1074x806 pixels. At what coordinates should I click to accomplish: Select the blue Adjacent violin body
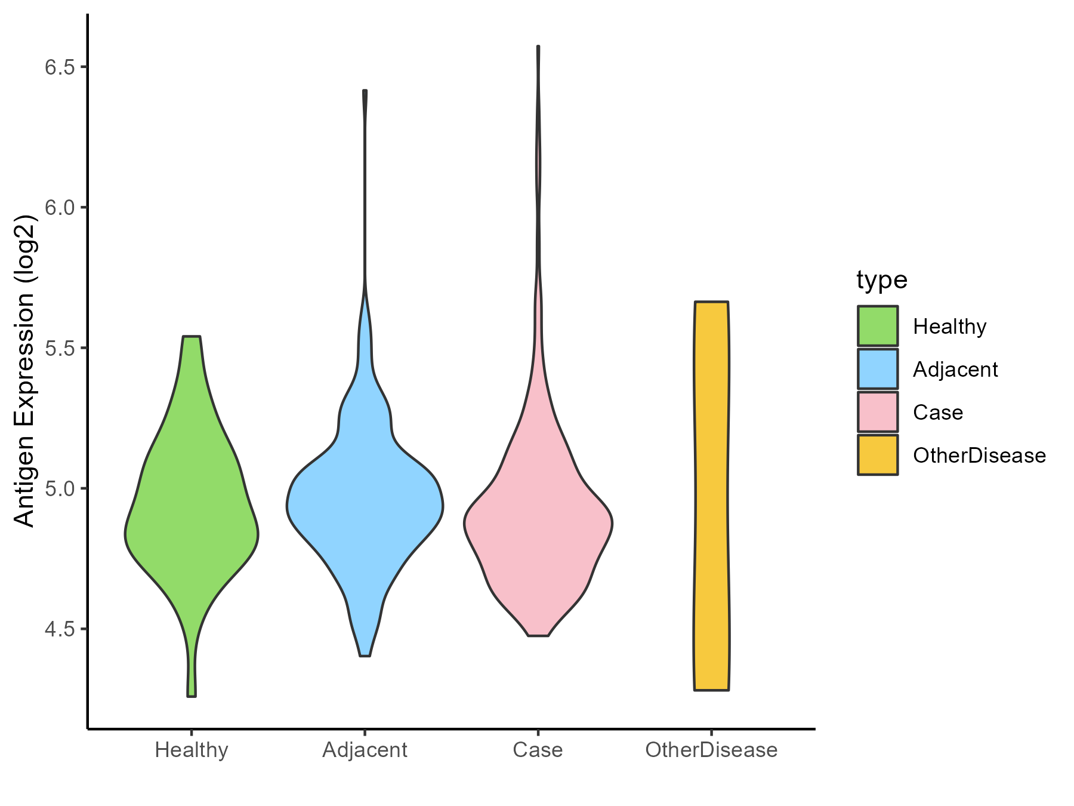365,507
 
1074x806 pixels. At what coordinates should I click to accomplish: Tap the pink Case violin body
538,525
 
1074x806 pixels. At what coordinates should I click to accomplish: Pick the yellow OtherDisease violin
711,496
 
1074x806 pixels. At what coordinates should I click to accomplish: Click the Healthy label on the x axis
192,750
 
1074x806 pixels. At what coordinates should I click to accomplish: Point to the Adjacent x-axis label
365,750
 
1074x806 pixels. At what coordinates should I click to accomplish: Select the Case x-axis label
538,750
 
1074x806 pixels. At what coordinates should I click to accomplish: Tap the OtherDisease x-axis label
711,750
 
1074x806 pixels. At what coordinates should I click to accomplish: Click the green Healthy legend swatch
878,326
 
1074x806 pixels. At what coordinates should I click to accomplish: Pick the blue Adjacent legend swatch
878,369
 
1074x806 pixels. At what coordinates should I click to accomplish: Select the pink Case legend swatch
878,412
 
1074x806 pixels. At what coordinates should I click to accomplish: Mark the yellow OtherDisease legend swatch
878,455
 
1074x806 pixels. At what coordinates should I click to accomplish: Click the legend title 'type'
882,280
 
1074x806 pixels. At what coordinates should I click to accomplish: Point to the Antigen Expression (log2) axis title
25,370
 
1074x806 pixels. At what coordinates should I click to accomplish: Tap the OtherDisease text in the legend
979,456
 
